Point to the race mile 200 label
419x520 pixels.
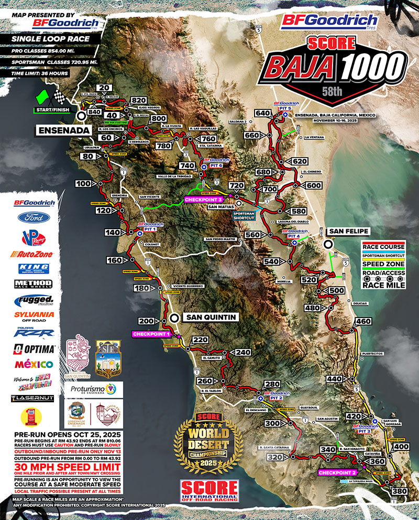(147, 321)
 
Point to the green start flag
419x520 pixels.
(42, 97)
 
